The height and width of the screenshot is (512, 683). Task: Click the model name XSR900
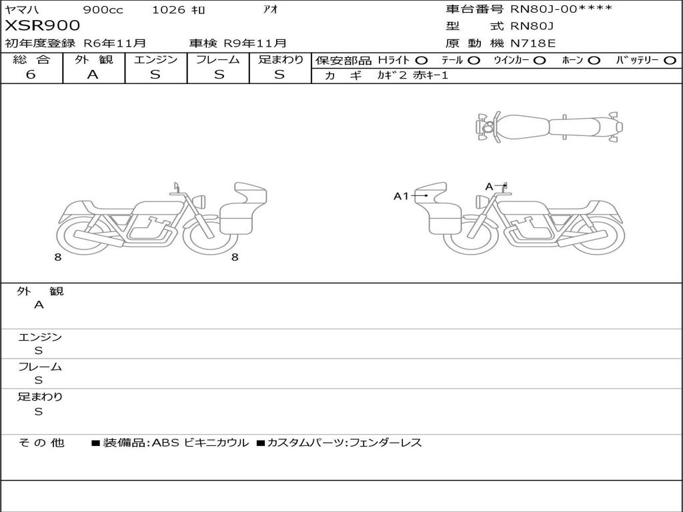[42, 26]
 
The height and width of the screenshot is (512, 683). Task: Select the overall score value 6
[31, 75]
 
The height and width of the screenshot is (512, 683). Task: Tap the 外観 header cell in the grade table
[93, 59]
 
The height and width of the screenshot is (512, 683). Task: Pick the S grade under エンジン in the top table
[155, 75]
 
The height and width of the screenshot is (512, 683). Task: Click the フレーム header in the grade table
[218, 59]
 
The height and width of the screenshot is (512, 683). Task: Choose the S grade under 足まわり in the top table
[279, 75]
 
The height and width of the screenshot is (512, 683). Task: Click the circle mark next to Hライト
[422, 61]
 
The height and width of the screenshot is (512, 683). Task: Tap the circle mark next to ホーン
[594, 61]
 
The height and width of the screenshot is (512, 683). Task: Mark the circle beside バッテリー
[670, 61]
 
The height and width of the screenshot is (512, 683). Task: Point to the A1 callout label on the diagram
[401, 197]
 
